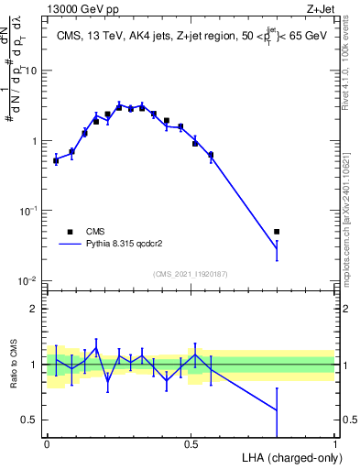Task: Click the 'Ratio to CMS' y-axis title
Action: click(x=13, y=365)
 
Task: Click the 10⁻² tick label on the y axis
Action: click(x=29, y=281)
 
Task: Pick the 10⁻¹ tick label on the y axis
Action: click(x=29, y=211)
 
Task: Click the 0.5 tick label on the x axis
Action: click(x=191, y=443)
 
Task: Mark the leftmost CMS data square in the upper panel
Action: click(x=56, y=160)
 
